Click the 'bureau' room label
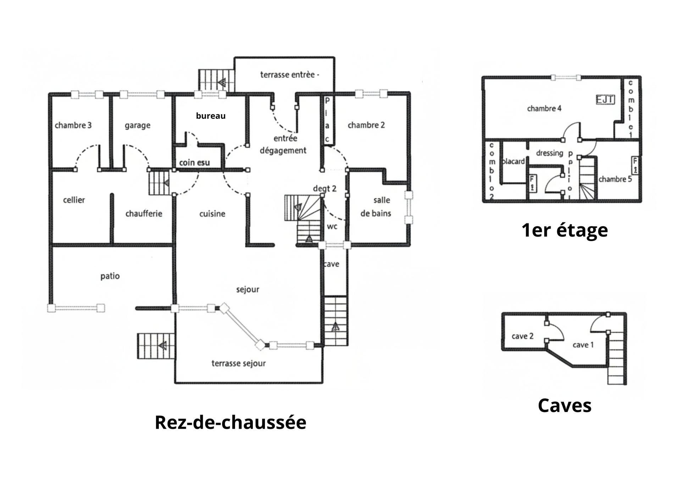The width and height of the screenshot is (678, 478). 211,116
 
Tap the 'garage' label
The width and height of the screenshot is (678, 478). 137,126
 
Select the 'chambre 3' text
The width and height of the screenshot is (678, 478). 73,125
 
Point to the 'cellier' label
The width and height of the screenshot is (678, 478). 74,200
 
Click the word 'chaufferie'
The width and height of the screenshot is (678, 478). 144,213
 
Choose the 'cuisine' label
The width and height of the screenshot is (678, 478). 212,213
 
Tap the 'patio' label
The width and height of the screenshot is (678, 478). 110,276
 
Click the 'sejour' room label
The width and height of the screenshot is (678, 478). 248,289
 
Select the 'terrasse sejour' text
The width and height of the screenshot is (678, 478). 238,363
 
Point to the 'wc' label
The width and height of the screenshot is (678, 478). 332,226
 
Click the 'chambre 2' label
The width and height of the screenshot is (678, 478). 366,125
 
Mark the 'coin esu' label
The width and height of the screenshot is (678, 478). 194,163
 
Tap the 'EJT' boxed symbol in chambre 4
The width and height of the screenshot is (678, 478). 605,100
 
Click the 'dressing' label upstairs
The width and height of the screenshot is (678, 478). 549,153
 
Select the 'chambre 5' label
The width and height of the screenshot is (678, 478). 615,179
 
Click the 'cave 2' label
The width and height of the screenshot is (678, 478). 522,336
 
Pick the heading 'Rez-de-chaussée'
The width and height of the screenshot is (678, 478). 230,422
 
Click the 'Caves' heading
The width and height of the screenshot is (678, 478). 565,405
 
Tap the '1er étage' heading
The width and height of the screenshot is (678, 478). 565,230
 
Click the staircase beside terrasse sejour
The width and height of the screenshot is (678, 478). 156,346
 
